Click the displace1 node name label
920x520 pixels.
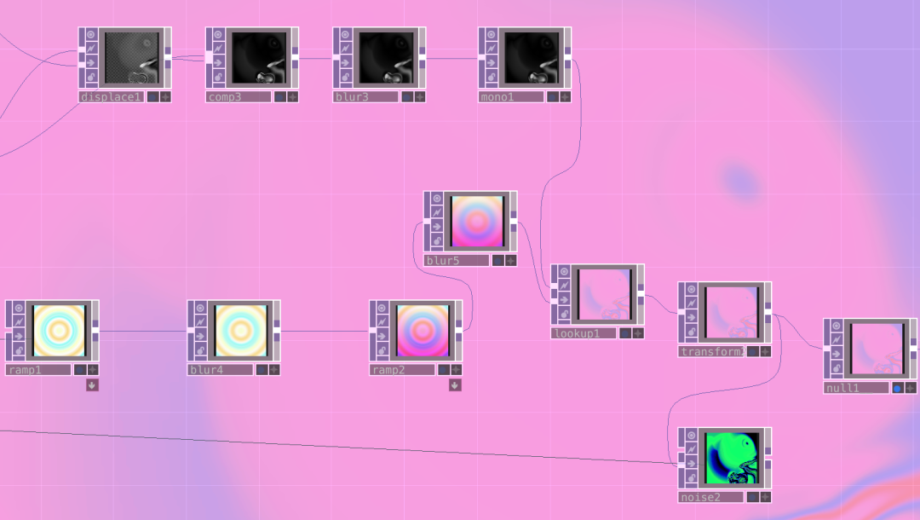111,97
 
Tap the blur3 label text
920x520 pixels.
365,97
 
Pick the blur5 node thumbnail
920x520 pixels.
477,221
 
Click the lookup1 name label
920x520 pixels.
583,333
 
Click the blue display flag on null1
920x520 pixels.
897,388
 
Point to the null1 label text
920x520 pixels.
855,388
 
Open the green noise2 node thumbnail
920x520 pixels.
731,458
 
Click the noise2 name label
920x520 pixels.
710,497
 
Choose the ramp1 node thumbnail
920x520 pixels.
59,330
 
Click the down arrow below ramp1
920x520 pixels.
92,385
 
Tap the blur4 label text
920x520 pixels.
220,370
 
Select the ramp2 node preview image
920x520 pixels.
423,330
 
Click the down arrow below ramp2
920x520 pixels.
455,385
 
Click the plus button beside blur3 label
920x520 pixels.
420,97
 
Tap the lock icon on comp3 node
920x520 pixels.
217,77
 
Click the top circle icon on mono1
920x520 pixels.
490,35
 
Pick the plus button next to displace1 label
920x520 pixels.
165,97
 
